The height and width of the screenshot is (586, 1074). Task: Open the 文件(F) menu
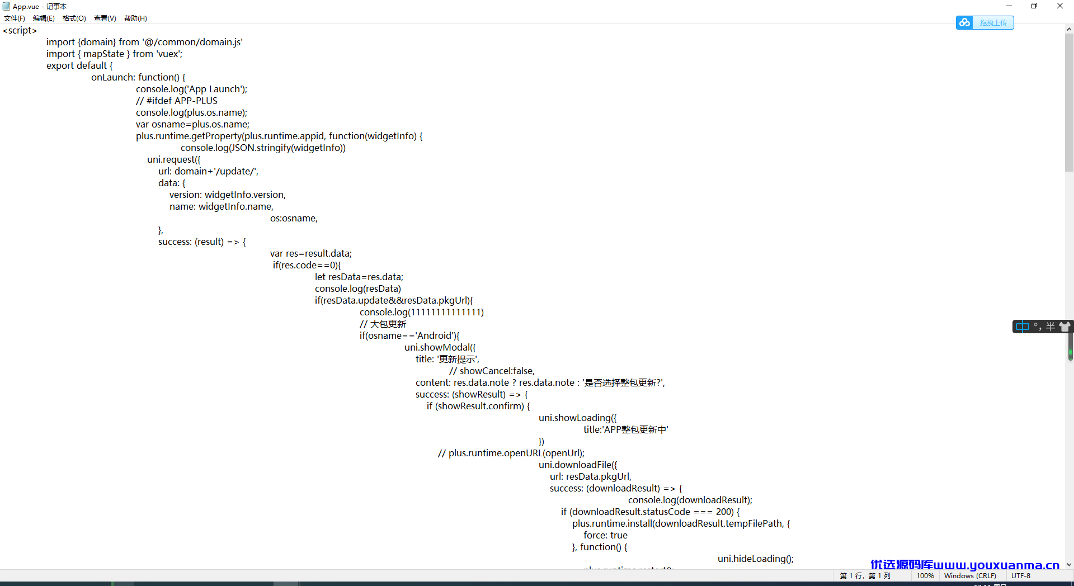click(15, 18)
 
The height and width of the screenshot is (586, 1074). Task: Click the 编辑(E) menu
click(44, 18)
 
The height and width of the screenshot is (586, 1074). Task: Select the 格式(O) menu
click(74, 18)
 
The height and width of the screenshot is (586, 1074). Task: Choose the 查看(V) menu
click(105, 18)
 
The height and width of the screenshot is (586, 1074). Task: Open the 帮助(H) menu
click(135, 18)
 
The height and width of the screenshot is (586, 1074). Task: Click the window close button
click(1060, 6)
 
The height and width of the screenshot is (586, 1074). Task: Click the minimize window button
click(1009, 6)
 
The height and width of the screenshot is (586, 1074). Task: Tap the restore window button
click(1034, 6)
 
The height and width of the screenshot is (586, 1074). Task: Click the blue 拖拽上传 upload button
click(985, 22)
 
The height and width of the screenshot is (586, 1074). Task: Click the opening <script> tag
click(20, 31)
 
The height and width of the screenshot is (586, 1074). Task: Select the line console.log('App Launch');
click(192, 89)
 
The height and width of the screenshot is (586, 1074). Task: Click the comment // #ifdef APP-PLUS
click(177, 101)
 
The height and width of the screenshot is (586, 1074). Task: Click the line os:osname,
click(294, 219)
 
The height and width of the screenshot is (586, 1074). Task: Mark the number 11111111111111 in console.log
click(446, 313)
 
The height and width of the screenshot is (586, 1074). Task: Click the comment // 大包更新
click(383, 324)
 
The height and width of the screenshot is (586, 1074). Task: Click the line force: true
click(605, 536)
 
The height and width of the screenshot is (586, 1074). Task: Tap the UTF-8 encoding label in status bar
click(1021, 576)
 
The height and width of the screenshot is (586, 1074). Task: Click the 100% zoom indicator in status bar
click(925, 576)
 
